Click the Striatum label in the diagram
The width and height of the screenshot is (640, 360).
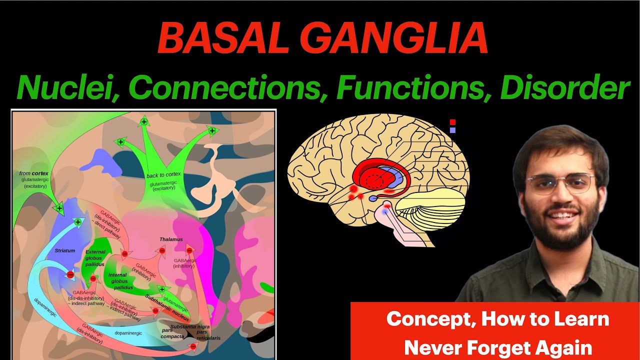(65, 250)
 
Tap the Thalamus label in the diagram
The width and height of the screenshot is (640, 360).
(171, 239)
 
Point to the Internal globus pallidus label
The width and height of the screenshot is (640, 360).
(120, 281)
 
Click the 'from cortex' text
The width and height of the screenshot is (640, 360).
(34, 173)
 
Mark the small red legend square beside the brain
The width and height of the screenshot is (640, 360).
(452, 122)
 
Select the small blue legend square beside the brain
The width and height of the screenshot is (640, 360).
(452, 130)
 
